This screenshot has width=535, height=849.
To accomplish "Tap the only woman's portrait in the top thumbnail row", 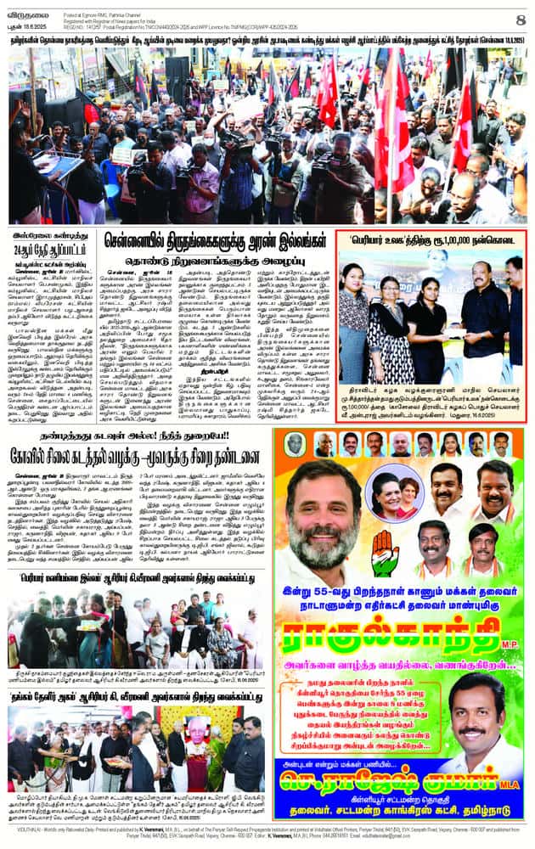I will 450,444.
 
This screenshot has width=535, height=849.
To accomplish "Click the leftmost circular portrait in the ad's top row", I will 295,444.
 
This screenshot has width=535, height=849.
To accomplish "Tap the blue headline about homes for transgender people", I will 213,241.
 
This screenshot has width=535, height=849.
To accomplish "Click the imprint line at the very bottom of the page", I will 267,840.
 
